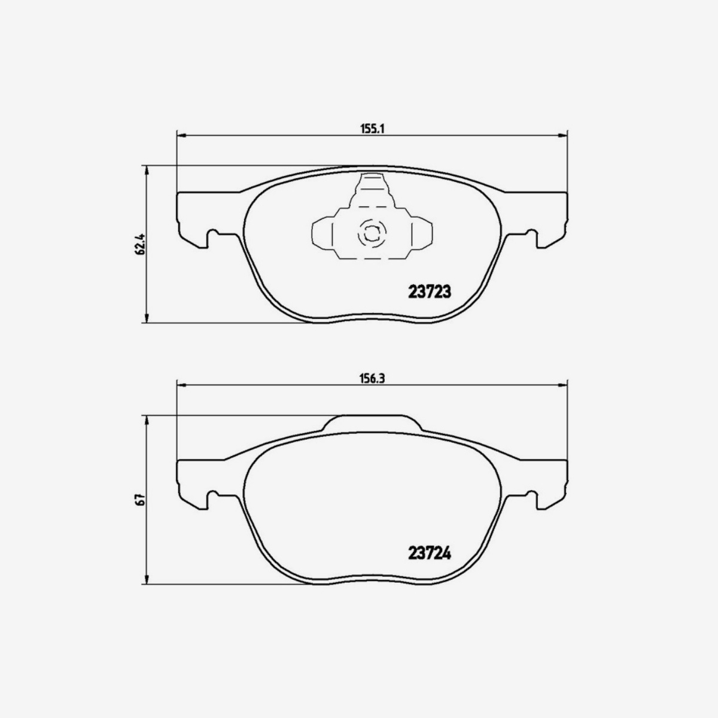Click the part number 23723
click(428, 292)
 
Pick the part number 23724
click(428, 553)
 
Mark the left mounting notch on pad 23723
click(211, 238)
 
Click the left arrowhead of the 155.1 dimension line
click(181, 135)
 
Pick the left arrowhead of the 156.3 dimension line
click(181, 386)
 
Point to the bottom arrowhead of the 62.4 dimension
click(147, 319)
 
